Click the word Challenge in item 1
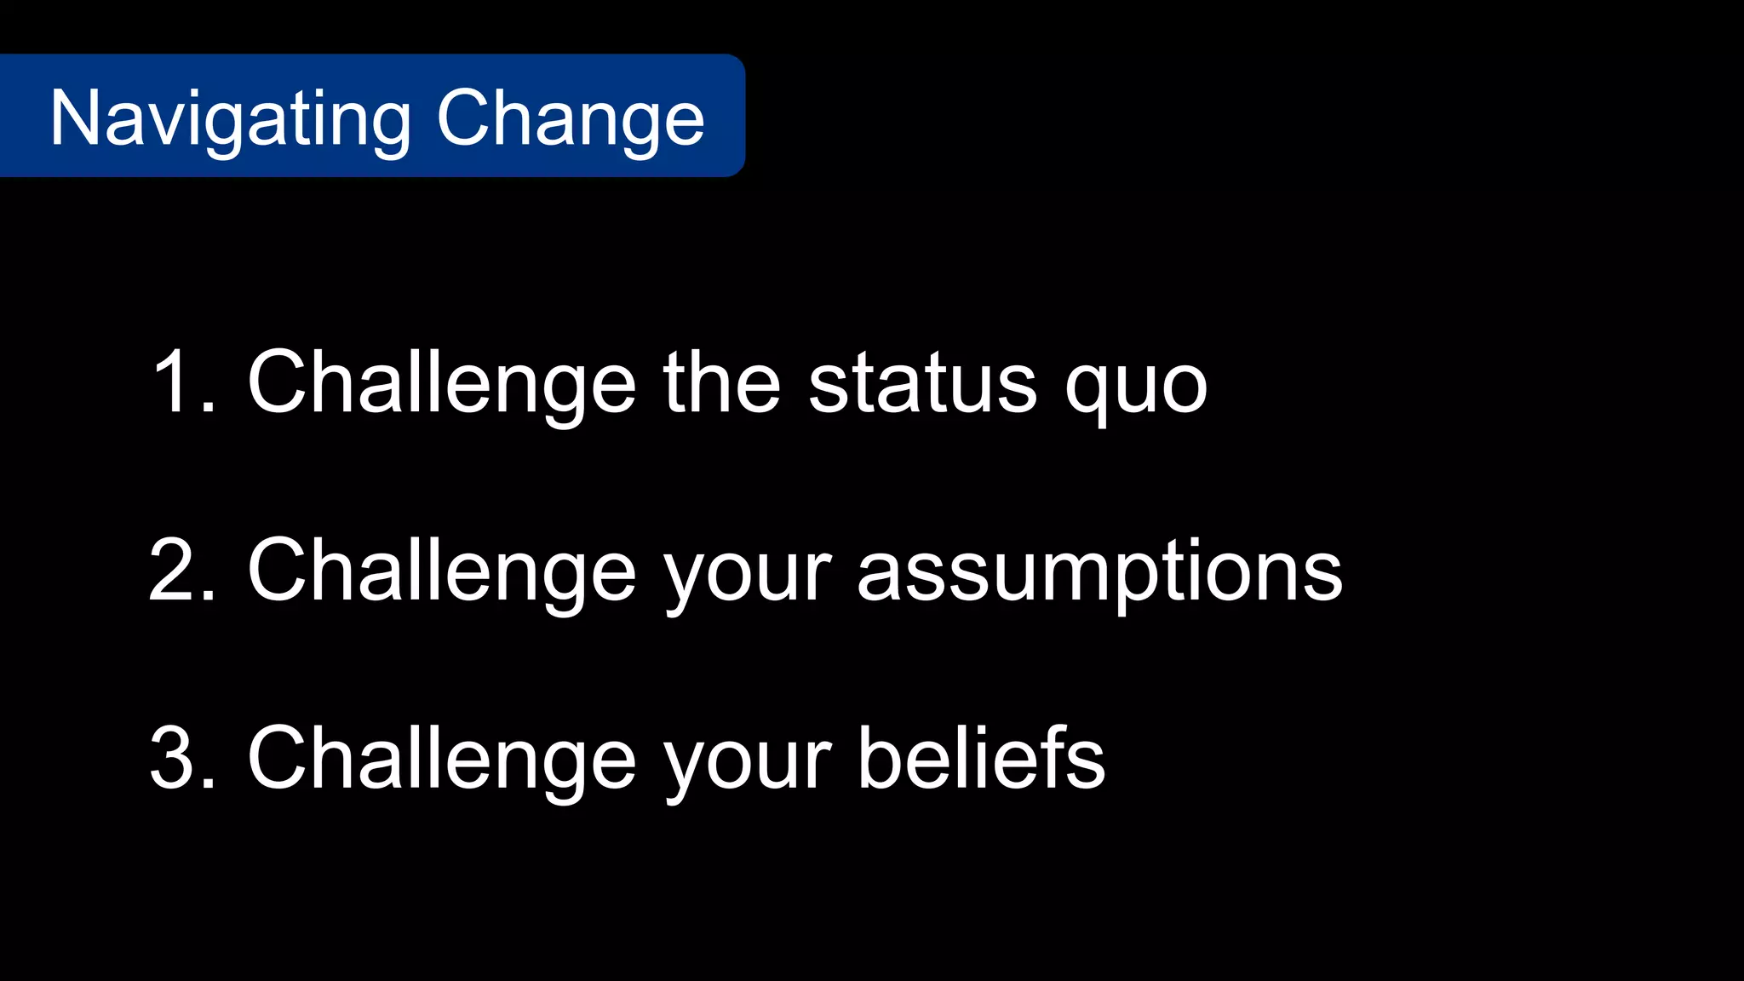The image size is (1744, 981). [441, 383]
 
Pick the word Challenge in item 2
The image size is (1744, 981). [441, 571]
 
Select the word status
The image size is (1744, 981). [922, 383]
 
